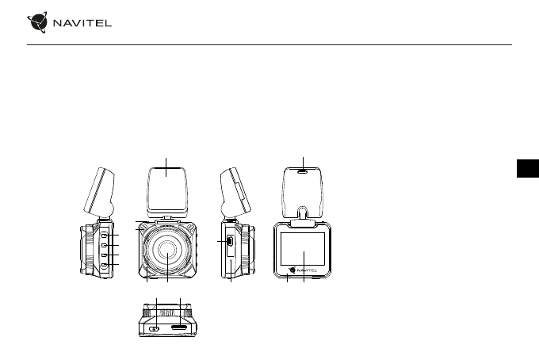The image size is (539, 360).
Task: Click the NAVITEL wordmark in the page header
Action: tap(82, 23)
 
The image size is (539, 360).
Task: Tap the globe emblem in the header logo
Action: tap(37, 22)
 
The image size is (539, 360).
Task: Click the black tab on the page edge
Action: tap(528, 168)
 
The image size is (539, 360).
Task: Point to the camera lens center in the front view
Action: tap(167, 250)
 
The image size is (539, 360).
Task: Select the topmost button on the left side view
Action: tap(105, 236)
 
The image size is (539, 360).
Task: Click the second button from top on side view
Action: tap(105, 245)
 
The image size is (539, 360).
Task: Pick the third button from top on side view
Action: tap(105, 255)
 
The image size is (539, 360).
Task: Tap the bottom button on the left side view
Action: tap(105, 265)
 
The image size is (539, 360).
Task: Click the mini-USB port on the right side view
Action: tap(230, 241)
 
